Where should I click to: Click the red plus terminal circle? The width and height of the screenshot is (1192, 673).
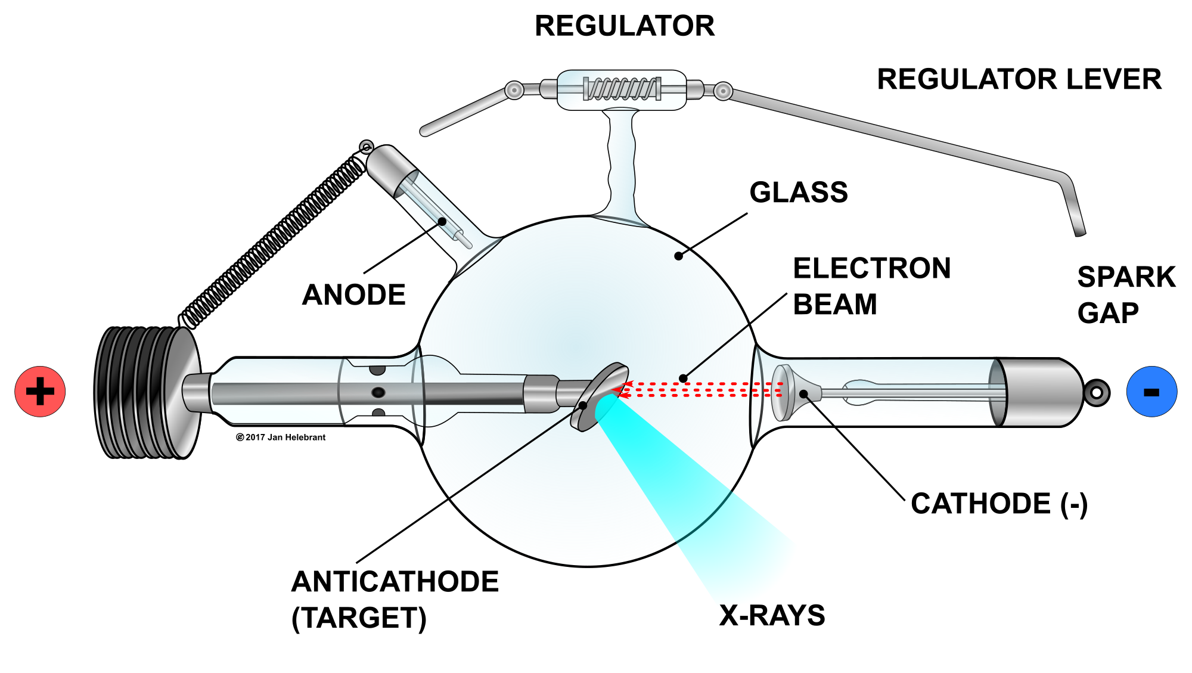[x=40, y=392]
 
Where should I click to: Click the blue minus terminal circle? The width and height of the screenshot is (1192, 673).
[x=1151, y=392]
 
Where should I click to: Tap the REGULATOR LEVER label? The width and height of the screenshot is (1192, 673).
[x=1019, y=79]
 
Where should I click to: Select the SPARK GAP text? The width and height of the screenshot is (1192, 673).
[x=1125, y=295]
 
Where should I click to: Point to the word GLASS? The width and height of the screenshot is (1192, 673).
[x=799, y=193]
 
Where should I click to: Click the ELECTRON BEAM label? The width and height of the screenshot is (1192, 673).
[x=871, y=286]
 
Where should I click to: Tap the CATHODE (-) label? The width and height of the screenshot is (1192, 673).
[x=999, y=504]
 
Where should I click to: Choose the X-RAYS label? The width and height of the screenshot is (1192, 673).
[x=772, y=615]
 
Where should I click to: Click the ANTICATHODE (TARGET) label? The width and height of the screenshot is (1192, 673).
[x=395, y=599]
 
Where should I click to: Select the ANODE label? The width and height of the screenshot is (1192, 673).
[x=354, y=294]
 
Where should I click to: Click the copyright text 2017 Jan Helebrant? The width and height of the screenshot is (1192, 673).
[x=281, y=438]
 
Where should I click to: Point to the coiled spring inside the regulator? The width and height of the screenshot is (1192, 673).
[x=622, y=89]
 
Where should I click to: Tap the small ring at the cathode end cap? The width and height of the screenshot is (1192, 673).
[x=1097, y=392]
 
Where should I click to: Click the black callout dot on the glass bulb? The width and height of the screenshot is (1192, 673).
[x=678, y=256]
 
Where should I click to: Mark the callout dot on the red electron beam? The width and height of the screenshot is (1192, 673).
[x=684, y=379]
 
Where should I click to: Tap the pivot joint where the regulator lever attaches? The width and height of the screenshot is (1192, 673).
[x=723, y=91]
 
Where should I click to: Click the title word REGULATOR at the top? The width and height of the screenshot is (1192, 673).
[x=625, y=26]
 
